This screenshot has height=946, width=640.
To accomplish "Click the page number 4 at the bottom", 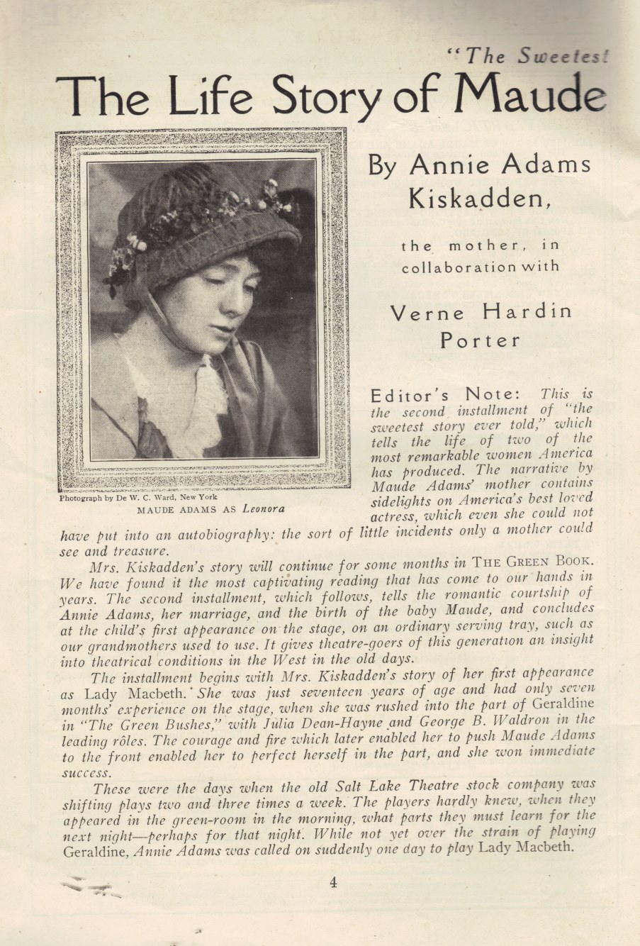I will [333, 882].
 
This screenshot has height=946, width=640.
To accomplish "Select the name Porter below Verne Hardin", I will [480, 340].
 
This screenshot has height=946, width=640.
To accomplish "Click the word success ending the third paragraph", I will [86, 773].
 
